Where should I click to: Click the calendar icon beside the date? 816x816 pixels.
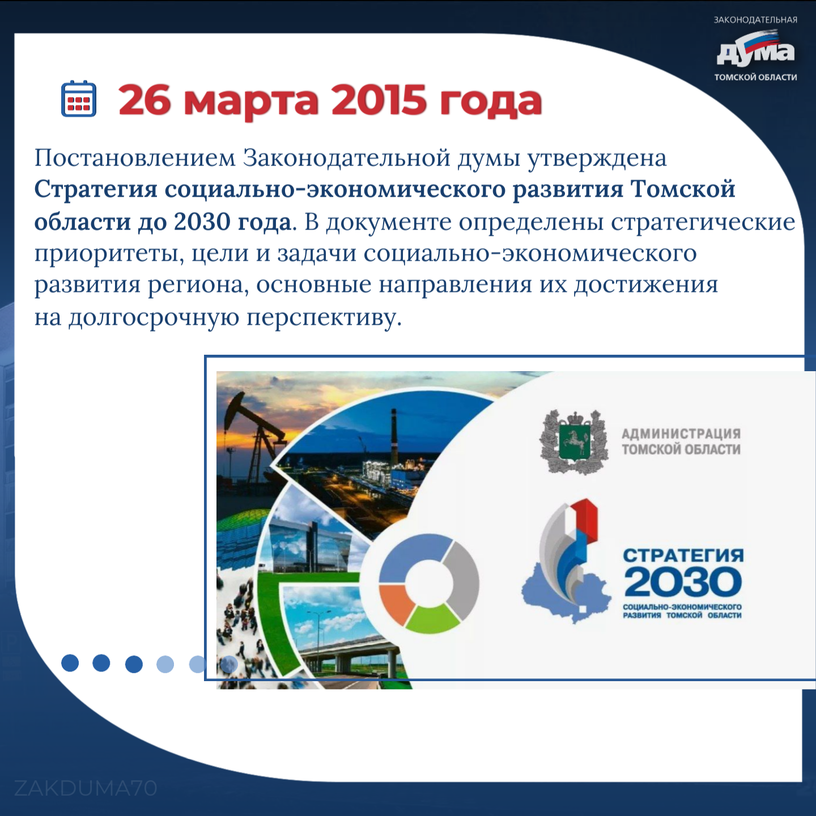tap(79, 98)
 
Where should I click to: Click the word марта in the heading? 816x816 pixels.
tap(251, 102)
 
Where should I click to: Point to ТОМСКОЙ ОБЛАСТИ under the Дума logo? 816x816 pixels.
tap(756, 78)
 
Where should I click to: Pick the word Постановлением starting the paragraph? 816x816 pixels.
tap(135, 158)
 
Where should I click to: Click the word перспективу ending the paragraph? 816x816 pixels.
tap(324, 318)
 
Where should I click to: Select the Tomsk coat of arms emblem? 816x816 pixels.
tap(574, 441)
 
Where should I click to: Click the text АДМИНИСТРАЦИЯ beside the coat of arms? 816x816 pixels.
tap(681, 433)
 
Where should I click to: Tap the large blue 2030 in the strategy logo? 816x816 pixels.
tap(683, 583)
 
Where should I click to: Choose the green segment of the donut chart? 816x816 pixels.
tap(432, 618)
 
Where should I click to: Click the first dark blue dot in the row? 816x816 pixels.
tap(70, 662)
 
